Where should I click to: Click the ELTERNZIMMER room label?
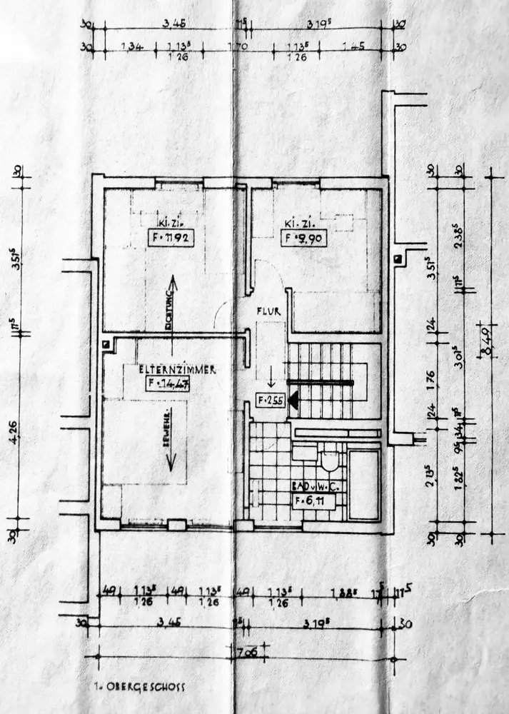click(178, 369)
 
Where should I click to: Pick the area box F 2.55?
click(271, 401)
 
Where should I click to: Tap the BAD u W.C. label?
click(316, 486)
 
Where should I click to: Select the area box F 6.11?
click(314, 500)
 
